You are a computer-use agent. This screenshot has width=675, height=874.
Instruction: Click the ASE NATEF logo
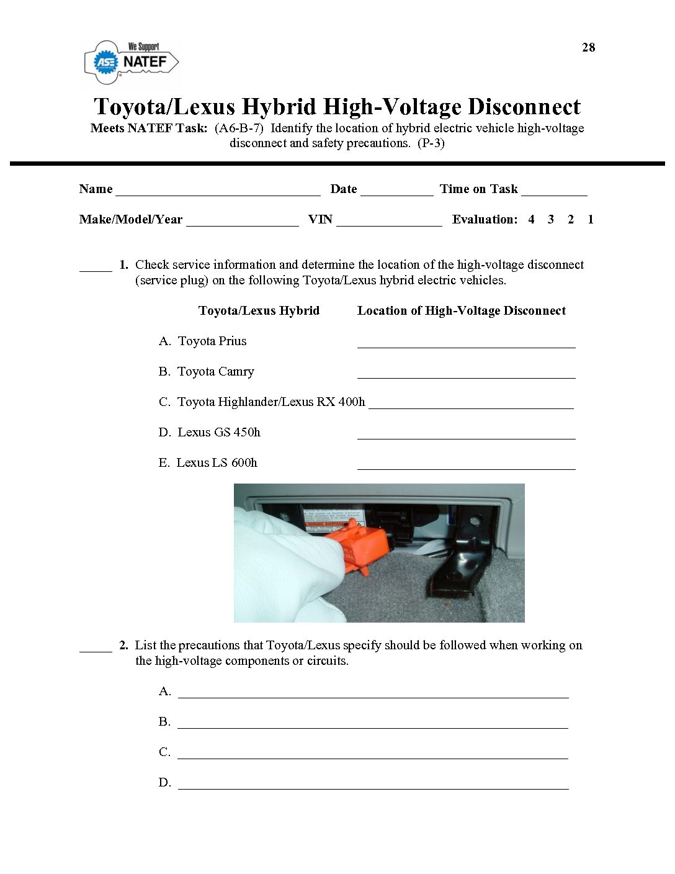(x=131, y=62)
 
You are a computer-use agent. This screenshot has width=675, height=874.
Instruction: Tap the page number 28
(x=588, y=47)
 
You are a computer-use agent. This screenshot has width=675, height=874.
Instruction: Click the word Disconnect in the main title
(x=524, y=107)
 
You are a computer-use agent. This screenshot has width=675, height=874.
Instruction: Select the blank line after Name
(x=218, y=192)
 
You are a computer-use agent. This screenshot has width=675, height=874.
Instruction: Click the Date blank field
(x=396, y=192)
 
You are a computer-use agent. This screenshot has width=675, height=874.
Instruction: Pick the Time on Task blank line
(x=554, y=192)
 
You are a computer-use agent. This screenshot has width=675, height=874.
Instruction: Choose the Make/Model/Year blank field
(x=242, y=223)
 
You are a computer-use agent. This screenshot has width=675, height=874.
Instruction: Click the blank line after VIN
(x=389, y=223)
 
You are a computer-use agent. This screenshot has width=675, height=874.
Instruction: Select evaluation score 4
(x=531, y=219)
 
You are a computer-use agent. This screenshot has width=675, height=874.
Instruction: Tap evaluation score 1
(x=591, y=219)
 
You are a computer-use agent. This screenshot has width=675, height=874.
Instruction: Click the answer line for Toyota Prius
(x=466, y=345)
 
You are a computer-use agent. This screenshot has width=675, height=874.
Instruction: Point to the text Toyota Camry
(x=215, y=371)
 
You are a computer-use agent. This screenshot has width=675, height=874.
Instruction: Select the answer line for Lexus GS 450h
(x=466, y=436)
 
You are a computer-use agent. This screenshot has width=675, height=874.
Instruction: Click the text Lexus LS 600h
(x=217, y=462)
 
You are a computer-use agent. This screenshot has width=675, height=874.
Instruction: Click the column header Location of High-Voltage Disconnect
(x=461, y=310)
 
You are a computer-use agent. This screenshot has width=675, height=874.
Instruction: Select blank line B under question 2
(x=372, y=725)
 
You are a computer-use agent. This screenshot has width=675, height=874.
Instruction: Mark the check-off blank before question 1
(x=96, y=268)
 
